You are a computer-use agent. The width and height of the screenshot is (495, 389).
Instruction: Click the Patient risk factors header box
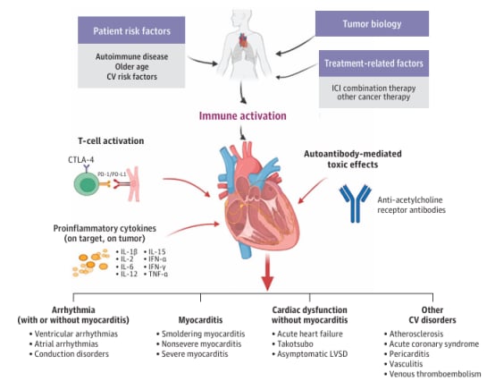pos(131,30)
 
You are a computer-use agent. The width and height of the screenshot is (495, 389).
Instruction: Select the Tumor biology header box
pos(372,24)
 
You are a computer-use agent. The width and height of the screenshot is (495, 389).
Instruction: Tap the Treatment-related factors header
pos(373,63)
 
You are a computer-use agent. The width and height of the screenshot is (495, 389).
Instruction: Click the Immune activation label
pos(242,116)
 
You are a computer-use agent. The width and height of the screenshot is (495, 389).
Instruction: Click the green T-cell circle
pos(86,184)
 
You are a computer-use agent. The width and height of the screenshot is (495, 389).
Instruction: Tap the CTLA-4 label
pos(81,160)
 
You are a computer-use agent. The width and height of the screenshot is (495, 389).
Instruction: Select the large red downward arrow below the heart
pos(267,273)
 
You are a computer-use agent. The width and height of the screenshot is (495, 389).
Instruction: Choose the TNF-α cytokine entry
pos(156,274)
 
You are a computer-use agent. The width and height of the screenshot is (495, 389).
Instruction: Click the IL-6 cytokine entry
pos(125,266)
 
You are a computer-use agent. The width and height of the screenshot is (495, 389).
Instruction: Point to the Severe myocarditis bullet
pos(192,354)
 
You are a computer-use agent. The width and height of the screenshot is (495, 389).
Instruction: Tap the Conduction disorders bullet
pos(69,354)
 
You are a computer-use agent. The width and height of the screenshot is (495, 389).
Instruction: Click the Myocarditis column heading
pos(200,320)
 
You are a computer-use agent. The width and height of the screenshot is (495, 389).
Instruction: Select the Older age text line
pos(131,67)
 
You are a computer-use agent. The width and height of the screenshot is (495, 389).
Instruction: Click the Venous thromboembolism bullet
pos(432,374)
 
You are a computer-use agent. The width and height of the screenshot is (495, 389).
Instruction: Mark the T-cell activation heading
pos(111,141)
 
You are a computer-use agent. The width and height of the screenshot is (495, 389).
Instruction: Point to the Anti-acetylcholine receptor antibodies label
pos(411,205)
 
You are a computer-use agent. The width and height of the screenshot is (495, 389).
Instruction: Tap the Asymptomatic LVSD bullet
pos(310,354)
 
